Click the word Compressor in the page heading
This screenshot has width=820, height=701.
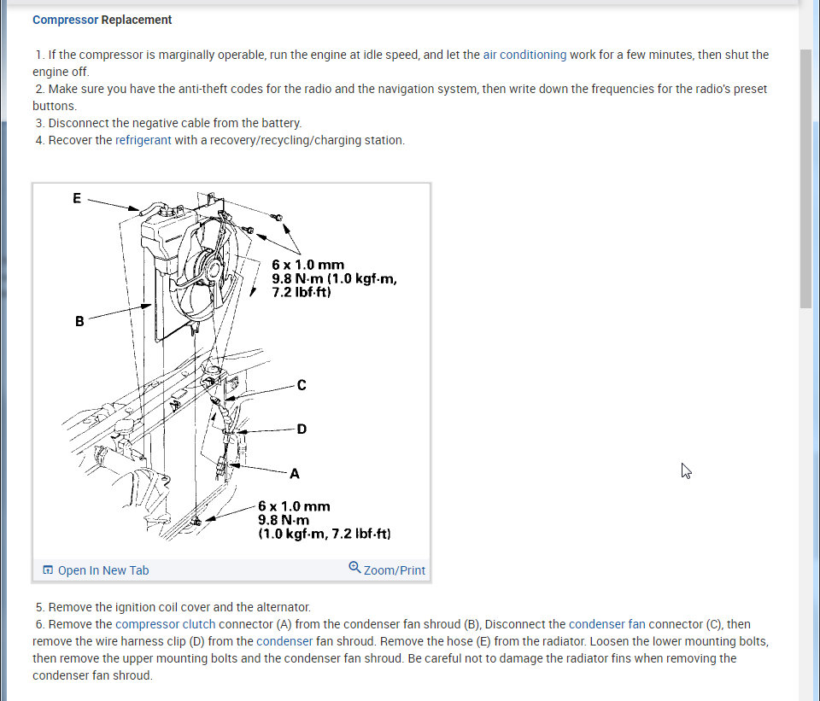pyautogui.click(x=65, y=20)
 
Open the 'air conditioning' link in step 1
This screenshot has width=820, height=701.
pyautogui.click(x=524, y=55)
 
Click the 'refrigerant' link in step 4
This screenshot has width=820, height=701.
pyautogui.click(x=143, y=140)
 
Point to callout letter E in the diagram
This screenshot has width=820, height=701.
pyautogui.click(x=77, y=198)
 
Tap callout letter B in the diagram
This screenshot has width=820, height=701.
pyautogui.click(x=79, y=322)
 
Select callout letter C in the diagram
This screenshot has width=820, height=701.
pyautogui.click(x=302, y=385)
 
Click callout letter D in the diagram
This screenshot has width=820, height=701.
pyautogui.click(x=302, y=429)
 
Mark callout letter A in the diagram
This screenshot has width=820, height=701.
pyautogui.click(x=295, y=473)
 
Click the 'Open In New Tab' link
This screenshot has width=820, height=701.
pyautogui.click(x=102, y=570)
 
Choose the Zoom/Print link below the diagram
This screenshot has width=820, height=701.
pyautogui.click(x=394, y=570)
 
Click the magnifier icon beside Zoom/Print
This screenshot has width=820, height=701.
pyautogui.click(x=355, y=568)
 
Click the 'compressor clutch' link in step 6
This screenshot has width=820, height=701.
pyautogui.click(x=166, y=624)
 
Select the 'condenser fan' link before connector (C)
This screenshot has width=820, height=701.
pyautogui.click(x=606, y=624)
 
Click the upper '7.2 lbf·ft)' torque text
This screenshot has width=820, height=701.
pyautogui.click(x=302, y=292)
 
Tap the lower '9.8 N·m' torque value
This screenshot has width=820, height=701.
pyautogui.click(x=284, y=520)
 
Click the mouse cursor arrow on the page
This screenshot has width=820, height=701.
pyautogui.click(x=685, y=470)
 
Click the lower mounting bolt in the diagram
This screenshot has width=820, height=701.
pyautogui.click(x=196, y=520)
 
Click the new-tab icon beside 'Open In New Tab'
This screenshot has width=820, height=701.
pyautogui.click(x=48, y=570)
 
